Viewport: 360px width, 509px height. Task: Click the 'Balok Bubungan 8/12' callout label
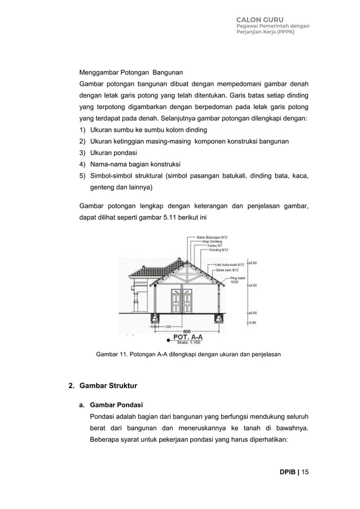coord(212,237)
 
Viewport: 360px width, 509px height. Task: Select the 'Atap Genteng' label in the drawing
coord(212,242)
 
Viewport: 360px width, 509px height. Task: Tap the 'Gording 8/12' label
coord(218,249)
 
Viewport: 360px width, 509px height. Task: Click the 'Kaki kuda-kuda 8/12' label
coord(229,264)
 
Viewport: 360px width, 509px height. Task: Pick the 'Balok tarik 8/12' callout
coord(228,270)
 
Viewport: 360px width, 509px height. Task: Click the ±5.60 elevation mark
coord(253,263)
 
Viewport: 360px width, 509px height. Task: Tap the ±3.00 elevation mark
coord(253,286)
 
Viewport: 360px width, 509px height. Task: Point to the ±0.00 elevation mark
coord(253,312)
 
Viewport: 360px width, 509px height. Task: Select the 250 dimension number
coord(168,326)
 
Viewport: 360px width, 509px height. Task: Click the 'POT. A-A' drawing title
coord(187,337)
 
